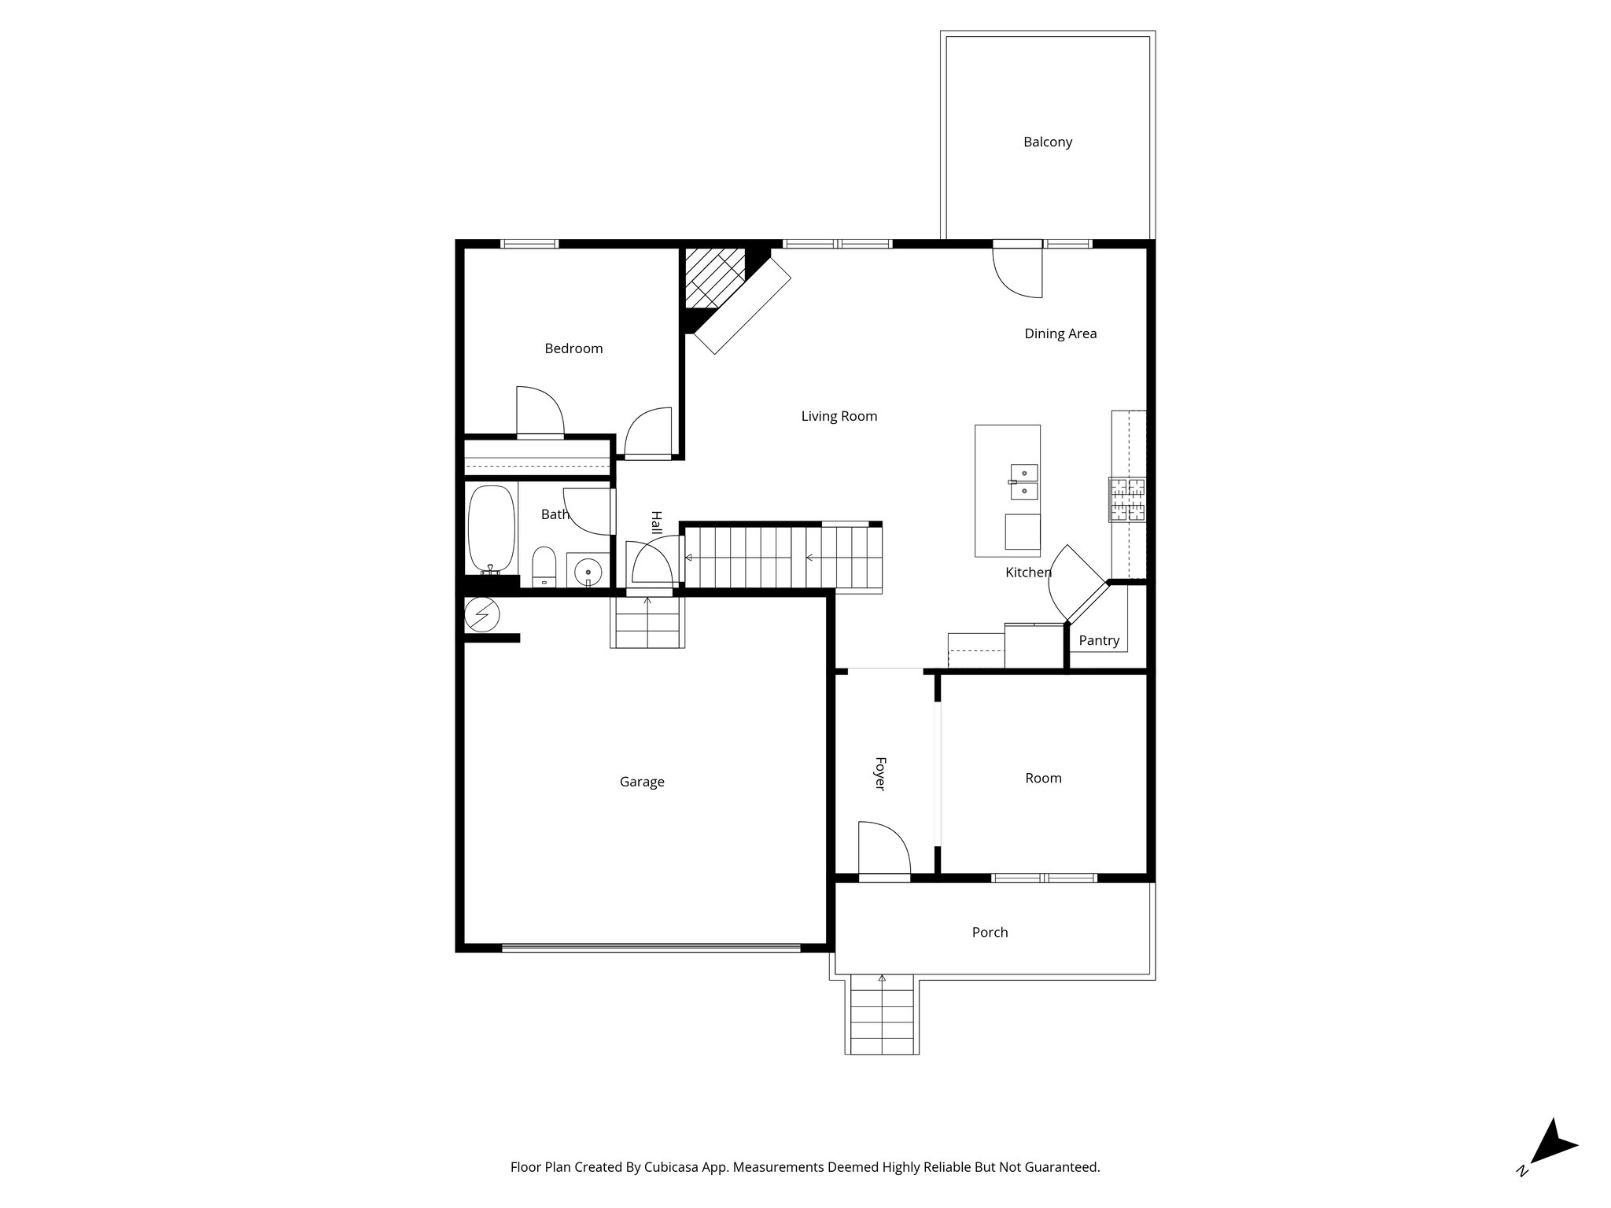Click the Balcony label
click(x=1047, y=142)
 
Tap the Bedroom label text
click(x=573, y=348)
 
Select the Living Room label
click(x=839, y=416)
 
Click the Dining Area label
click(x=1060, y=333)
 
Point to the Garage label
click(x=642, y=782)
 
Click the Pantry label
click(x=1098, y=640)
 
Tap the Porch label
click(x=990, y=932)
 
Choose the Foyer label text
click(x=880, y=774)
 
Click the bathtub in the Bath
click(x=492, y=529)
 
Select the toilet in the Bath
click(x=544, y=566)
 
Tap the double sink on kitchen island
click(x=1023, y=482)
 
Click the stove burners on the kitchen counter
click(x=1127, y=499)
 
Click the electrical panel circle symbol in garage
click(x=481, y=614)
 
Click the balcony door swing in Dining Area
click(x=1019, y=271)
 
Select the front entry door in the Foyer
click(x=883, y=849)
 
